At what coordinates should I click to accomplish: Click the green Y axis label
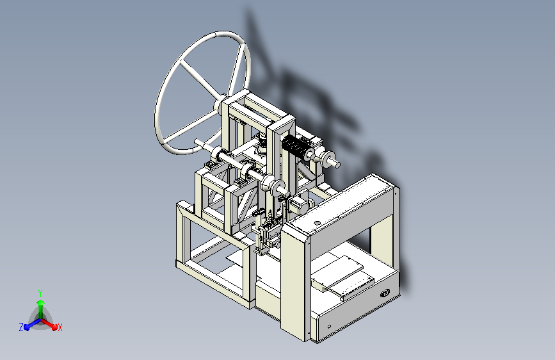click(x=40, y=293)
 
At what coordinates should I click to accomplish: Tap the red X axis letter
click(x=60, y=327)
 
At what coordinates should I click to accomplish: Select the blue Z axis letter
click(x=21, y=327)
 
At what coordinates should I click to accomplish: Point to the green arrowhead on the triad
click(x=41, y=303)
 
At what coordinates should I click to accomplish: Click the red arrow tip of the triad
click(x=54, y=327)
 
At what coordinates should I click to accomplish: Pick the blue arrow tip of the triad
click(x=27, y=327)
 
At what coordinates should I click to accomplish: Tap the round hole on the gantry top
click(x=317, y=223)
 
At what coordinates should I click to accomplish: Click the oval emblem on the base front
click(x=385, y=293)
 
